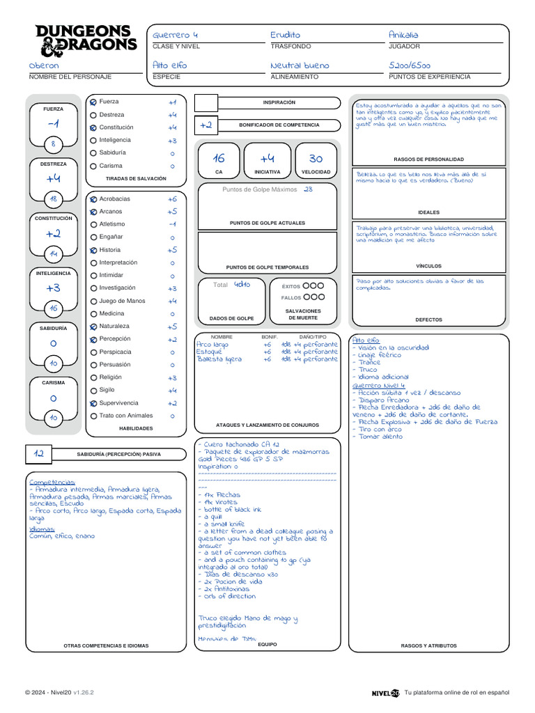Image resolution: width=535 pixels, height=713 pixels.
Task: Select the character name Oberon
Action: pos(45,65)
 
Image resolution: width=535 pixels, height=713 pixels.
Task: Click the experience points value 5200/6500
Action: pos(410,65)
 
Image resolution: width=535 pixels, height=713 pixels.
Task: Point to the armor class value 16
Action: pos(219,159)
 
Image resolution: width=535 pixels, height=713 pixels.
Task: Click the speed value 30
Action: pos(316,159)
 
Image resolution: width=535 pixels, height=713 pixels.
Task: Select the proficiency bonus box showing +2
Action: pos(206,125)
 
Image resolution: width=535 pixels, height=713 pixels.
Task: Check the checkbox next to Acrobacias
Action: pos(93,199)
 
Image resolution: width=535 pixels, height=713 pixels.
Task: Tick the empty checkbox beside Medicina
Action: pos(93,314)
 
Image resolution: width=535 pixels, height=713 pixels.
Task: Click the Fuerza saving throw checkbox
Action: pos(93,102)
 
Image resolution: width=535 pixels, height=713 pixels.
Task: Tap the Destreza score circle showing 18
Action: pos(53,200)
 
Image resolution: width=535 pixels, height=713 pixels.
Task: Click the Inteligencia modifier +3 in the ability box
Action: pos(53,288)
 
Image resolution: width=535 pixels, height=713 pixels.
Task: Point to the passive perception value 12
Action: pos(39,454)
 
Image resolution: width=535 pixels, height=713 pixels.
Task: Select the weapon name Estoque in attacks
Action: pos(208,352)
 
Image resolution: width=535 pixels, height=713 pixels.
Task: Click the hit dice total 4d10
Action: pos(242,284)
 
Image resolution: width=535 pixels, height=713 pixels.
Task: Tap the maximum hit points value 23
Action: pos(308,189)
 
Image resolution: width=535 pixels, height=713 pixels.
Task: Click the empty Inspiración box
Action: pos(206,103)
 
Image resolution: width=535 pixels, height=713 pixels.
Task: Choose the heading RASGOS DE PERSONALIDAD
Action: pos(428,159)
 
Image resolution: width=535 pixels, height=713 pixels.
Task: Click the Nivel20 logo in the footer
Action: pos(385,693)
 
